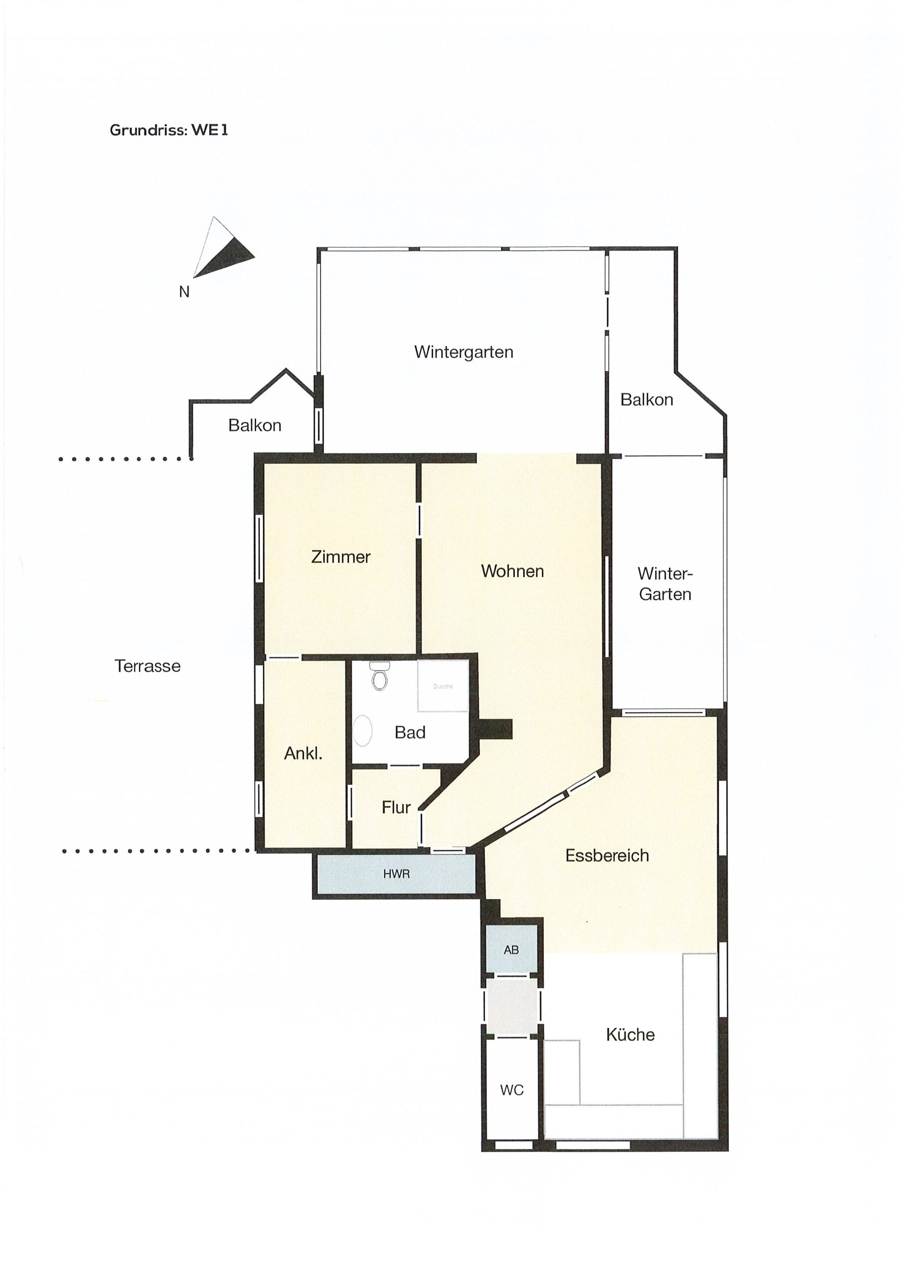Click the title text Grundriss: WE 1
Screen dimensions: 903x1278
tap(169, 130)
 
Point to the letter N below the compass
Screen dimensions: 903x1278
tap(184, 292)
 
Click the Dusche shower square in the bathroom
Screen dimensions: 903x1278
tap(443, 686)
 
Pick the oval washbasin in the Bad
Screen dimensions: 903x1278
tap(363, 730)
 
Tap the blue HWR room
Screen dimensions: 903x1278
tap(396, 874)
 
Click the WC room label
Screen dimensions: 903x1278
tap(512, 1090)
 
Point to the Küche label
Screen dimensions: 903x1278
tap(631, 1035)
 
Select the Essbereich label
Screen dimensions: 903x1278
tap(607, 856)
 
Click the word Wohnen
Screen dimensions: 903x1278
tap(512, 571)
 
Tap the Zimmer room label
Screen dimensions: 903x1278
tap(341, 557)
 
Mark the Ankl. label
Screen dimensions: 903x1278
tap(303, 753)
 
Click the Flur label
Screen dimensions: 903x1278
tap(396, 807)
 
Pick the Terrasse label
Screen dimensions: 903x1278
tap(148, 666)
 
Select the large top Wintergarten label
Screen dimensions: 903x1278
tap(463, 352)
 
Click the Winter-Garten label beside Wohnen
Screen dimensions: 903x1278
tap(665, 584)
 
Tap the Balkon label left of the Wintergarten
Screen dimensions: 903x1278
tap(255, 425)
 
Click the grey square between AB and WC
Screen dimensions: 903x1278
tap(512, 1006)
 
